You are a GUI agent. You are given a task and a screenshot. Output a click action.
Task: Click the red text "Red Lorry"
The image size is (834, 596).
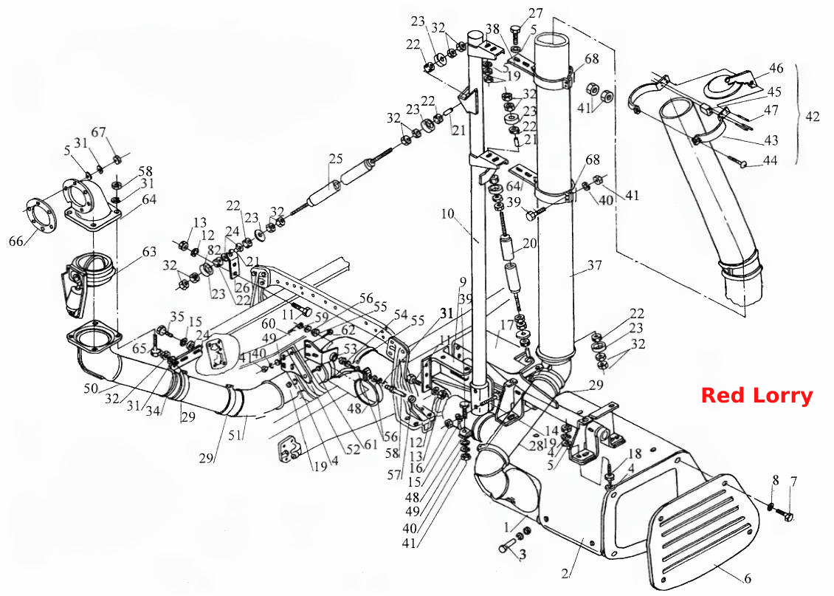pos(757,396)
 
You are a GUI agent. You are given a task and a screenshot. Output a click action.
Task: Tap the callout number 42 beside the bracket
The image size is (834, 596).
pos(812,116)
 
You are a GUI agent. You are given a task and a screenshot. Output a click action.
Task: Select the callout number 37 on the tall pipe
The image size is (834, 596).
pos(595,265)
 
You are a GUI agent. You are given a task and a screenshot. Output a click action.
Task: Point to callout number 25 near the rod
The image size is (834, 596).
pos(336,159)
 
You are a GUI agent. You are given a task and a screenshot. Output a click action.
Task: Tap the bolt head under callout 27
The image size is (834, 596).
pos(515,32)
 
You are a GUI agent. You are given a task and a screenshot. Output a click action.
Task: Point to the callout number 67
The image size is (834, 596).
pos(98,132)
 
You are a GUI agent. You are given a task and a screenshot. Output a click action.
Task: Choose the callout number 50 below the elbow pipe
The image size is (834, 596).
pos(91,388)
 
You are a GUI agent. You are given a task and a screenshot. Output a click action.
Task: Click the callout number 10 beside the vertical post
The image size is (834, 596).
pos(448,214)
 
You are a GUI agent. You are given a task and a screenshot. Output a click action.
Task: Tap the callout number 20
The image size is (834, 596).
pos(530,243)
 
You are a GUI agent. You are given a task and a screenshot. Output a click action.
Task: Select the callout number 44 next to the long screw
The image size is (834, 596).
pos(770,160)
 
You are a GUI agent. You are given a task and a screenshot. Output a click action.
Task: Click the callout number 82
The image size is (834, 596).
pos(213,249)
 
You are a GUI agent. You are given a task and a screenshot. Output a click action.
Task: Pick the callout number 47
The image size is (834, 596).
pos(771,109)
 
